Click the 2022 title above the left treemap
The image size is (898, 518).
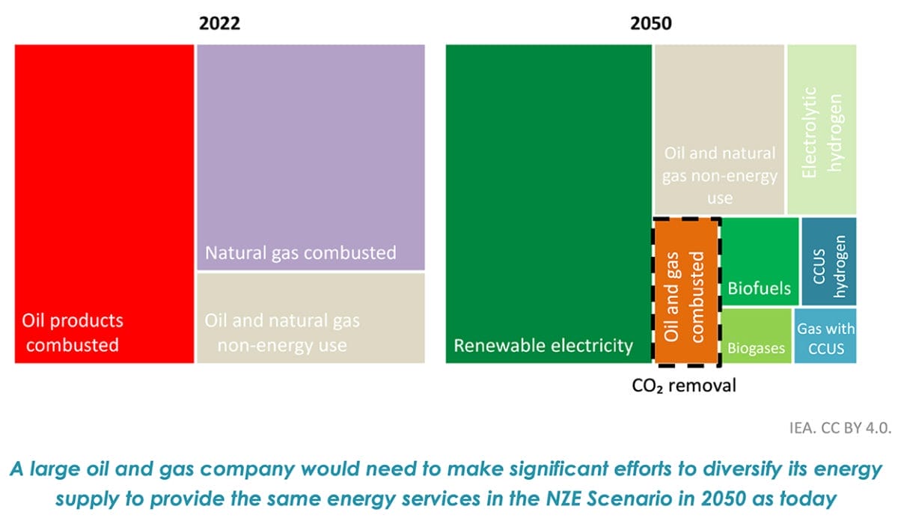(x=219, y=23)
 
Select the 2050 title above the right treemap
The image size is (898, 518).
(x=650, y=23)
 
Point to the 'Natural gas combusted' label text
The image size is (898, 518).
(x=301, y=252)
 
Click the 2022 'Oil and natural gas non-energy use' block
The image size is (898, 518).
(x=311, y=318)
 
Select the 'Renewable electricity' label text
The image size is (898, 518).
(x=543, y=345)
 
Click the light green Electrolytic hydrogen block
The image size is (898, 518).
(x=821, y=129)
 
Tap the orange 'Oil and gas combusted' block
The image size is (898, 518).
(x=687, y=292)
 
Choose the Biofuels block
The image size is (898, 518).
(x=760, y=262)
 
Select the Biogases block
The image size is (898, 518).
(x=756, y=336)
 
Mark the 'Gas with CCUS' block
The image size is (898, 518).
(x=825, y=338)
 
